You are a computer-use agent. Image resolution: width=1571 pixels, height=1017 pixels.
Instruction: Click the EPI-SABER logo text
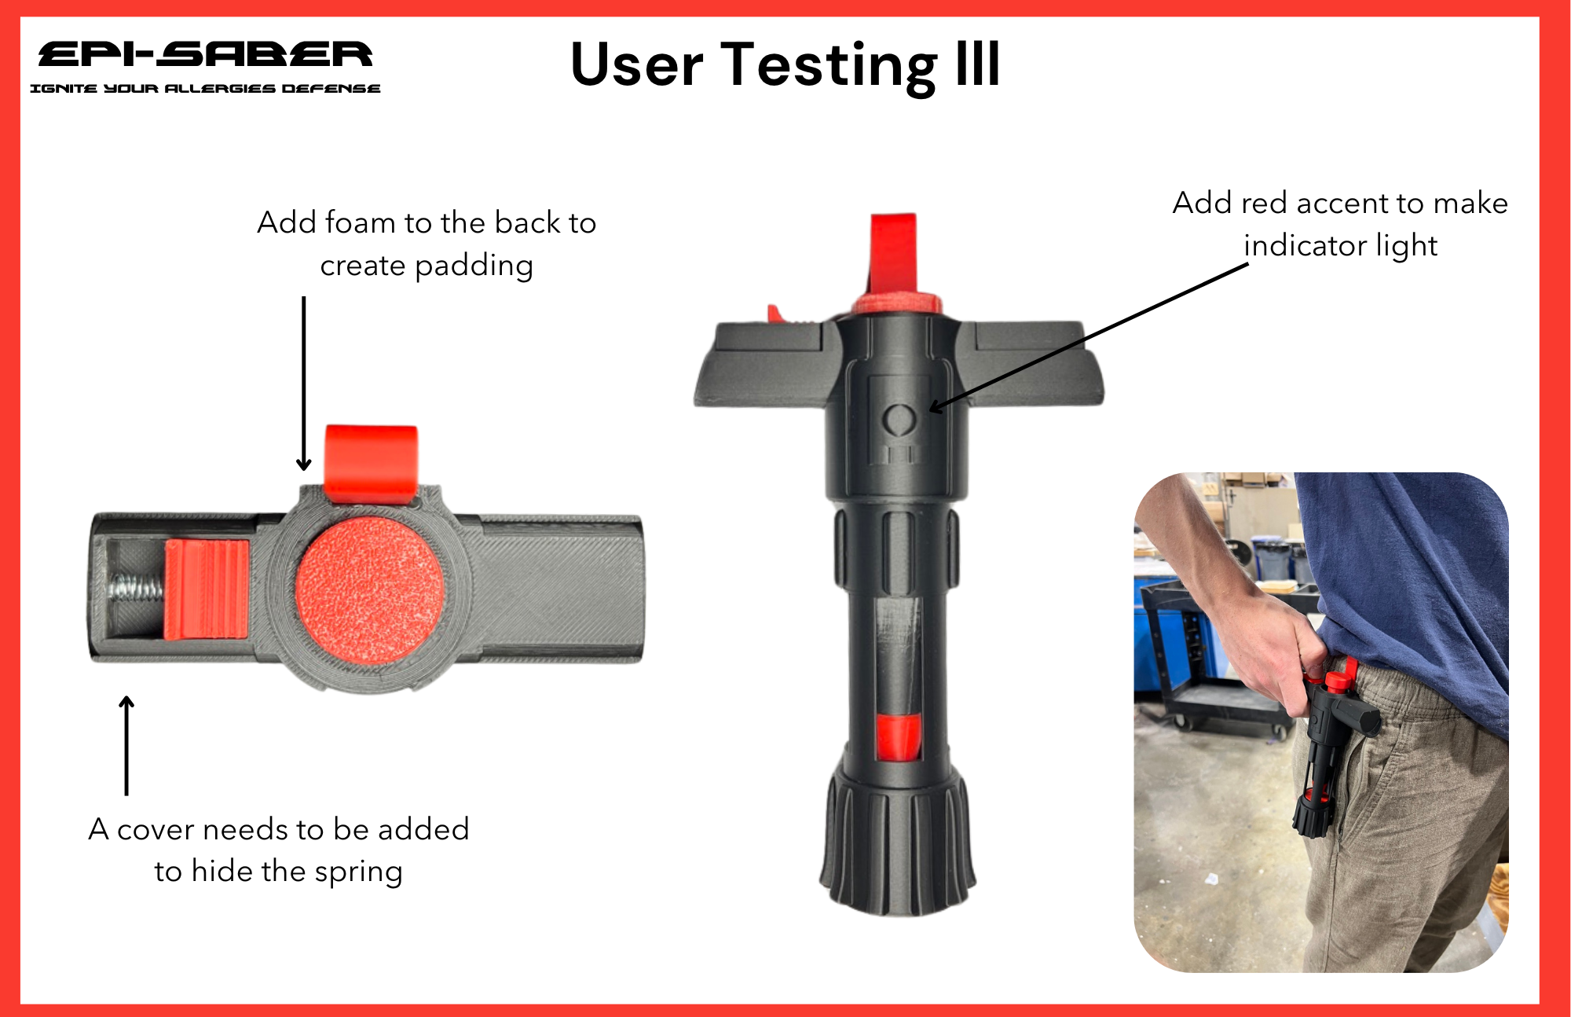[x=205, y=54]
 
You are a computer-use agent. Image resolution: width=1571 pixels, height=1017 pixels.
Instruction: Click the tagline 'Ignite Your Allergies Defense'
[x=205, y=88]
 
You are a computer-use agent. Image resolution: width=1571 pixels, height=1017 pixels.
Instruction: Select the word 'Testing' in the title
[x=829, y=67]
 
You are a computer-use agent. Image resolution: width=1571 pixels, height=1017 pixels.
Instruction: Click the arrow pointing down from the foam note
[x=304, y=384]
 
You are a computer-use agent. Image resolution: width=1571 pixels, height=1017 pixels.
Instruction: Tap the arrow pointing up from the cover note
[x=126, y=745]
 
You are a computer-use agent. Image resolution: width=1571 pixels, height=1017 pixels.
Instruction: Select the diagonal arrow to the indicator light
[x=1089, y=337]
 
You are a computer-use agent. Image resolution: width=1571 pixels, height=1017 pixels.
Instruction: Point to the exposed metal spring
[x=137, y=591]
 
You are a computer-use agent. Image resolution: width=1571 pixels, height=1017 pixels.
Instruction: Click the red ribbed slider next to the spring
[x=207, y=589]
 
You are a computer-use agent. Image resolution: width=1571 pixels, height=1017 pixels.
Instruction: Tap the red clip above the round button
[x=371, y=464]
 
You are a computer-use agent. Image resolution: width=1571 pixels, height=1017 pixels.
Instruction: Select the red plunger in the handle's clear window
[x=899, y=738]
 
